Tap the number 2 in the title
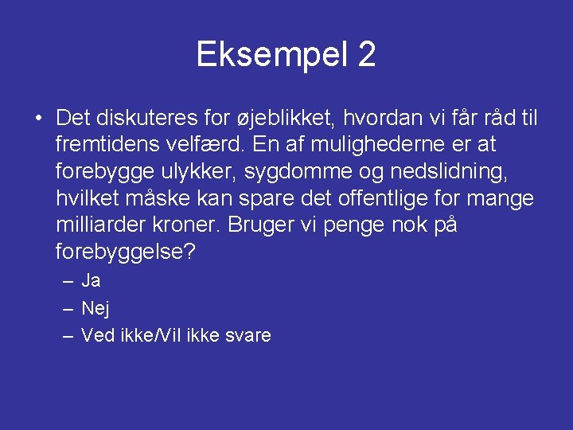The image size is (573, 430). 367,55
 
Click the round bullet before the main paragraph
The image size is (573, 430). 38,119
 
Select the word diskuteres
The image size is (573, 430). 147,119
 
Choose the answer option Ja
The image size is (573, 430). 91,281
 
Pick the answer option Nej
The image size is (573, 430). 95,308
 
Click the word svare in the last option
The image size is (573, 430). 248,335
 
